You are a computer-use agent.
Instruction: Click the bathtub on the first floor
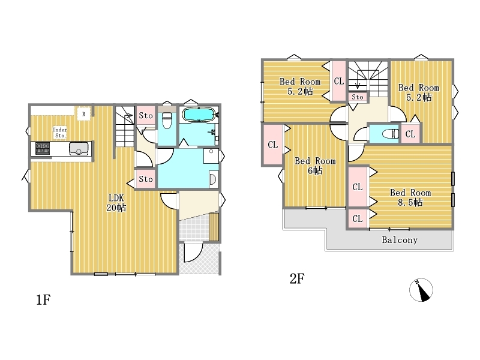pyautogui.click(x=199, y=115)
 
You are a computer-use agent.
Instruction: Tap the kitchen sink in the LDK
pyautogui.click(x=79, y=148)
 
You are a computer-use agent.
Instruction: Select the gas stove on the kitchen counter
pyautogui.click(x=43, y=149)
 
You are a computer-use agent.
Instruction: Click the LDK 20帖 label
pyautogui.click(x=116, y=203)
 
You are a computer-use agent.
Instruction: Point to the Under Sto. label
pyautogui.click(x=59, y=133)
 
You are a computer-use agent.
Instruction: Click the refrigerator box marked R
pyautogui.click(x=83, y=114)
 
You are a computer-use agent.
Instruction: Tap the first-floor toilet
pyautogui.click(x=167, y=121)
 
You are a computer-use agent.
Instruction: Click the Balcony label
pyautogui.click(x=400, y=239)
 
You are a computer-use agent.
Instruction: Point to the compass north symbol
pyautogui.click(x=421, y=290)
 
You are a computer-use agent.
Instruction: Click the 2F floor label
pyautogui.click(x=297, y=278)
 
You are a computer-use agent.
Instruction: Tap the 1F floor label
pyautogui.click(x=43, y=299)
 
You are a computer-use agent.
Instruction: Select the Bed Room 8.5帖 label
pyautogui.click(x=410, y=197)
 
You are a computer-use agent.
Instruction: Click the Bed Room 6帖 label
pyautogui.click(x=315, y=166)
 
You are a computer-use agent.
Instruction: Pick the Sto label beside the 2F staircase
pyautogui.click(x=357, y=97)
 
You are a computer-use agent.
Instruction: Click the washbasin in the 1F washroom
pyautogui.click(x=214, y=179)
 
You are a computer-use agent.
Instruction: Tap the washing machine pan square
pyautogui.click(x=211, y=156)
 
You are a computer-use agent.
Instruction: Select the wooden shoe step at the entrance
pyautogui.click(x=214, y=227)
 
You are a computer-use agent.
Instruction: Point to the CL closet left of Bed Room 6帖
pyautogui.click(x=272, y=145)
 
